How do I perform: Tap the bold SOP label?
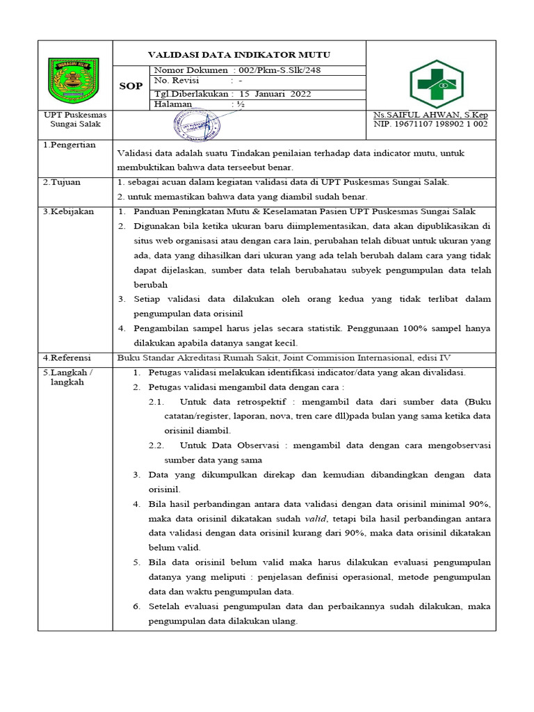coord(131,87)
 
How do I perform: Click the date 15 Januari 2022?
coord(275,94)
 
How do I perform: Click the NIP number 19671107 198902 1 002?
coord(431,124)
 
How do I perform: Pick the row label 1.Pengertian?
coord(70,145)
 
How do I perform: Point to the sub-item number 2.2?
coord(156,445)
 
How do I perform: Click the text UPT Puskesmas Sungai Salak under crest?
coord(72,119)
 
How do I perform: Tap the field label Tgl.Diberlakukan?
coord(191,94)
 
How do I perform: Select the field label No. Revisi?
coord(176,82)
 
